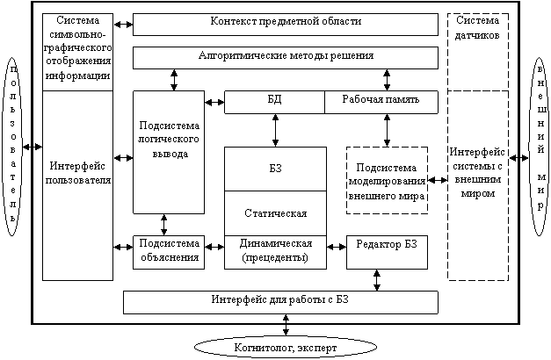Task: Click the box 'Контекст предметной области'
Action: pos(285,21)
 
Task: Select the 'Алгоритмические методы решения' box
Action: pos(285,56)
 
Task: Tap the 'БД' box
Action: pos(274,100)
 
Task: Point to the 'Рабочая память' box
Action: pos(381,100)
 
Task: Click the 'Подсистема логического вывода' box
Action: pos(168,151)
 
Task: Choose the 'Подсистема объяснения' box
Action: pos(168,251)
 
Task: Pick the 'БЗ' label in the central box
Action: pos(274,167)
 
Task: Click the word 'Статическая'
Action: pos(274,212)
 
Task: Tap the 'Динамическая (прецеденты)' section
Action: pos(274,251)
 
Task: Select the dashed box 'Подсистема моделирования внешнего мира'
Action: pos(387,181)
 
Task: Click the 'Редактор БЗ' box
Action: pos(387,243)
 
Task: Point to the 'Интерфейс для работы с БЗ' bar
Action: pos(280,300)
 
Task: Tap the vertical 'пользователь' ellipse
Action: pos(11,145)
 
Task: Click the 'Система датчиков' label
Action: pos(478,28)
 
